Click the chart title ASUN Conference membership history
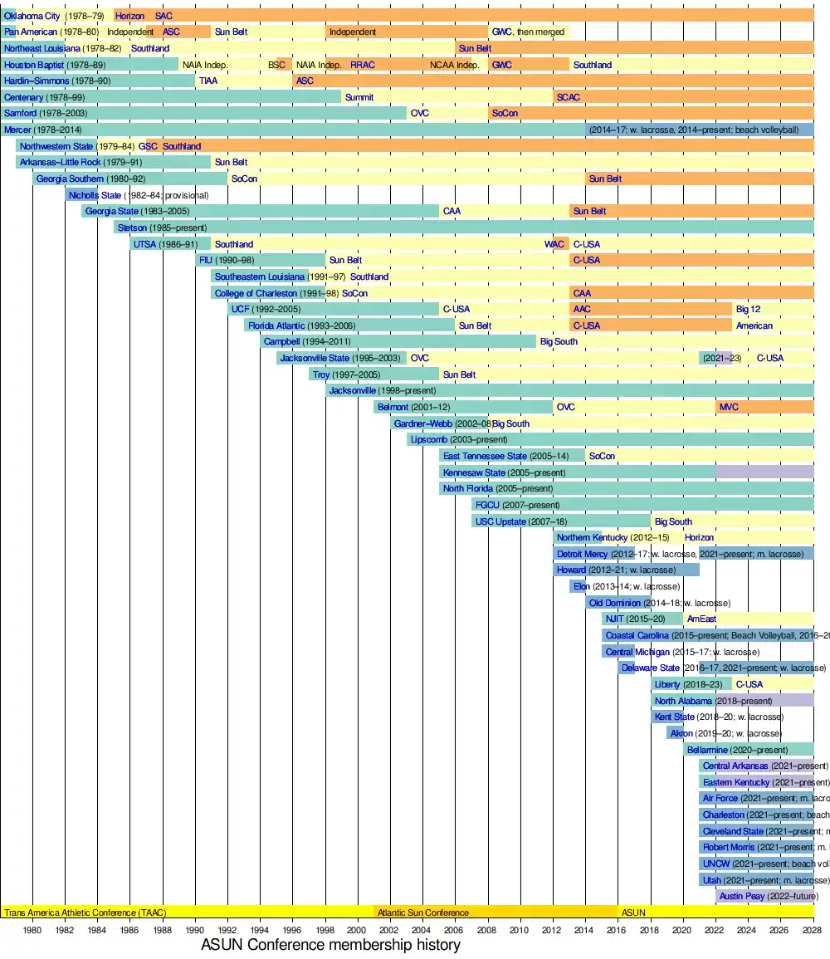[x=330, y=945]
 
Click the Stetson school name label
[x=133, y=228]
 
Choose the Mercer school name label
[x=17, y=130]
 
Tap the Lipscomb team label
[x=429, y=439]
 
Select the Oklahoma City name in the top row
[x=32, y=16]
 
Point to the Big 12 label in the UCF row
[x=748, y=309]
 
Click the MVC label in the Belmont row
[x=729, y=407]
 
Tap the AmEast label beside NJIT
[x=701, y=619]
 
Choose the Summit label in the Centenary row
[x=359, y=97]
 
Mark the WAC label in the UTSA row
[x=554, y=244]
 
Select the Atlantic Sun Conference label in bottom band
[x=423, y=913]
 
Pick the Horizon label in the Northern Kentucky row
[x=700, y=537]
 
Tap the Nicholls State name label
[x=95, y=195]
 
